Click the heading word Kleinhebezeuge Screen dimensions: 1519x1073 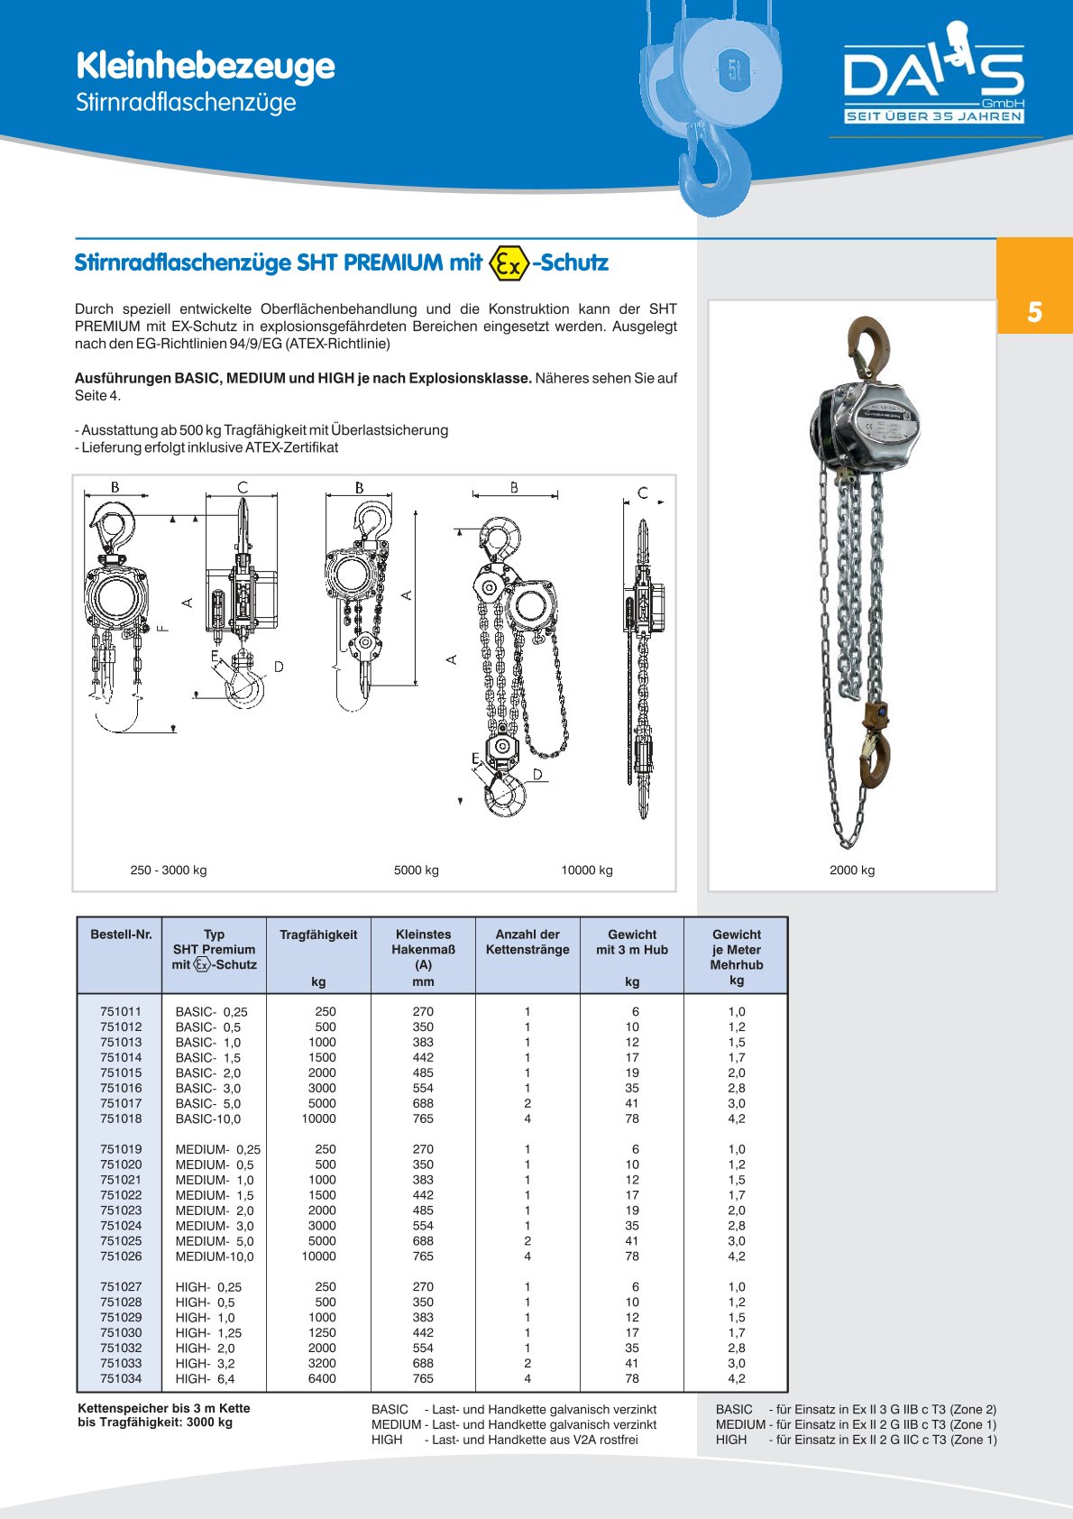point(205,66)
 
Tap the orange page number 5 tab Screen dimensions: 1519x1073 point(1034,312)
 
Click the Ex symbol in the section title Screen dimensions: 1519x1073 point(508,262)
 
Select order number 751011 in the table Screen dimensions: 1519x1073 point(121,1012)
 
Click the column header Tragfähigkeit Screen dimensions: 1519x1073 point(318,934)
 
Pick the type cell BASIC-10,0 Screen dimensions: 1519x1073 point(208,1119)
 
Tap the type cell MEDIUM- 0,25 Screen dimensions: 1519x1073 point(217,1149)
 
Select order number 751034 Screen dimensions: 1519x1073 point(121,1378)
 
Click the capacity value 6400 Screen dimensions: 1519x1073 point(322,1378)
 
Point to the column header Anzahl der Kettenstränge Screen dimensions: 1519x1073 point(527,942)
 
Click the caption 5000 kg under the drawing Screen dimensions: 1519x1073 point(417,870)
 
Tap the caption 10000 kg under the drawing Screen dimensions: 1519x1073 point(587,870)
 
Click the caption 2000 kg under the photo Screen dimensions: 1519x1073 point(852,870)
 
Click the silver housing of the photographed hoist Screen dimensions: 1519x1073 point(871,424)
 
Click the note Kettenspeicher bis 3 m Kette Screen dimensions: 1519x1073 point(164,1408)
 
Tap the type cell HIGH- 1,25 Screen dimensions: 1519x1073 point(208,1332)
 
